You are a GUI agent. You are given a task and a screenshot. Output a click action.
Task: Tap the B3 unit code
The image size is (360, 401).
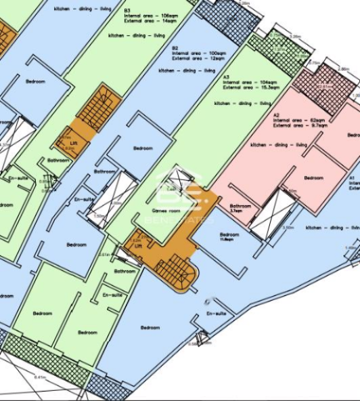tap(127, 12)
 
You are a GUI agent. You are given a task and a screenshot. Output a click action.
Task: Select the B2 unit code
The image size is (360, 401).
tap(175, 48)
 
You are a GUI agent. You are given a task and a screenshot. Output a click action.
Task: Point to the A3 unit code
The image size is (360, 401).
tap(226, 77)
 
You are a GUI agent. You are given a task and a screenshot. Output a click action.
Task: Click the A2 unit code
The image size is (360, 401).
tap(275, 115)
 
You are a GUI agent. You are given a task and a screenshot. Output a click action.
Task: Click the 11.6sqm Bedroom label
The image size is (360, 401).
tap(229, 235)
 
